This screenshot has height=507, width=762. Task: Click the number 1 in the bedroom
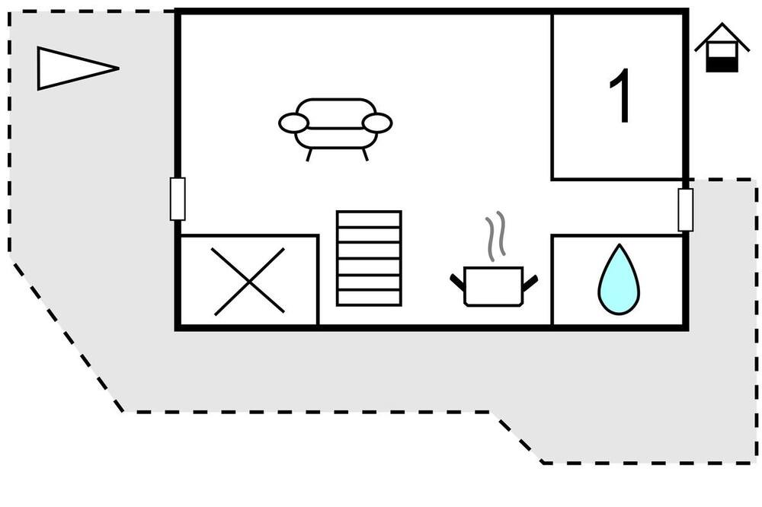622,95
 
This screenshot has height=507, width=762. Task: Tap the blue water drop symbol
619,279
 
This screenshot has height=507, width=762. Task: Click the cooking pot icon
493,286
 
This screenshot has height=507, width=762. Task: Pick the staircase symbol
369,258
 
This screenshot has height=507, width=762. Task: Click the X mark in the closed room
249,281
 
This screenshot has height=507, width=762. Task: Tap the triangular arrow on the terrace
78,69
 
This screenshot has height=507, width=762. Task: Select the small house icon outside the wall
722,48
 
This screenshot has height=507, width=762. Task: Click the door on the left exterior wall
178,199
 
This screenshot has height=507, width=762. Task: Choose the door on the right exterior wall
686,210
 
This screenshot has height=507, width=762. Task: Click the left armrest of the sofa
293,123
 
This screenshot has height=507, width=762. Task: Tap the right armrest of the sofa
377,123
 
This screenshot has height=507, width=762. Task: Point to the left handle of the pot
457,282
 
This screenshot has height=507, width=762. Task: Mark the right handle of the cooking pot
530,282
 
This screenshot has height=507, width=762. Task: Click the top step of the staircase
369,219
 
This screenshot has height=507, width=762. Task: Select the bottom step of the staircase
369,298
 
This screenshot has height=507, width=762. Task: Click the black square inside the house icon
722,65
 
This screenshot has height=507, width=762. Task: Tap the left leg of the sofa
309,155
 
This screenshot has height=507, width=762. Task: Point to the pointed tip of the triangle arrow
119,69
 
